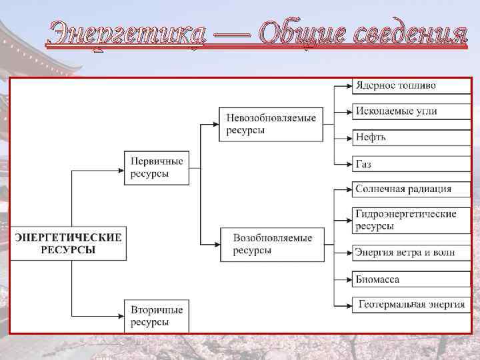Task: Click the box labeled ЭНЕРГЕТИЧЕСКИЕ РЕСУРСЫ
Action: tap(68, 243)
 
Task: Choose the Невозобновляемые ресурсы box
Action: tap(271, 123)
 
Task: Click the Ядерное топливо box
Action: tap(404, 86)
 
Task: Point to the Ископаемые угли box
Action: tap(404, 111)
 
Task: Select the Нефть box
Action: tap(404, 137)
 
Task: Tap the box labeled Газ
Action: tap(404, 163)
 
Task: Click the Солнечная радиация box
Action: tap(404, 189)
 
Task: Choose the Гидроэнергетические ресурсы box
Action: tap(404, 220)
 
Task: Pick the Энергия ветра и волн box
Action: tap(404, 252)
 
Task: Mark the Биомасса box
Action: tap(404, 279)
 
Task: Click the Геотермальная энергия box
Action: tap(404, 305)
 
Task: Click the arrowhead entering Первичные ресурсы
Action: tap(120, 171)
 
